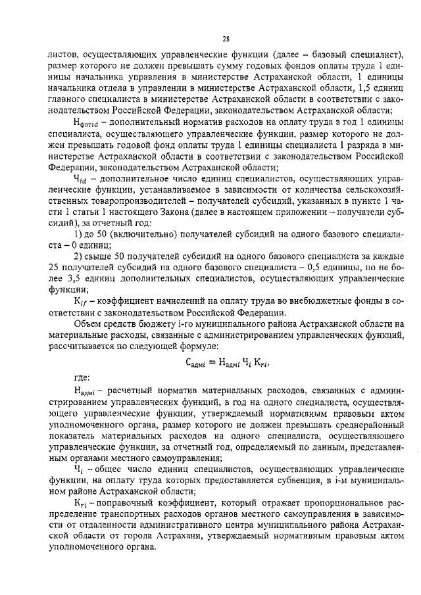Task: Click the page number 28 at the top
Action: [225, 39]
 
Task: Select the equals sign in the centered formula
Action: [211, 361]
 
